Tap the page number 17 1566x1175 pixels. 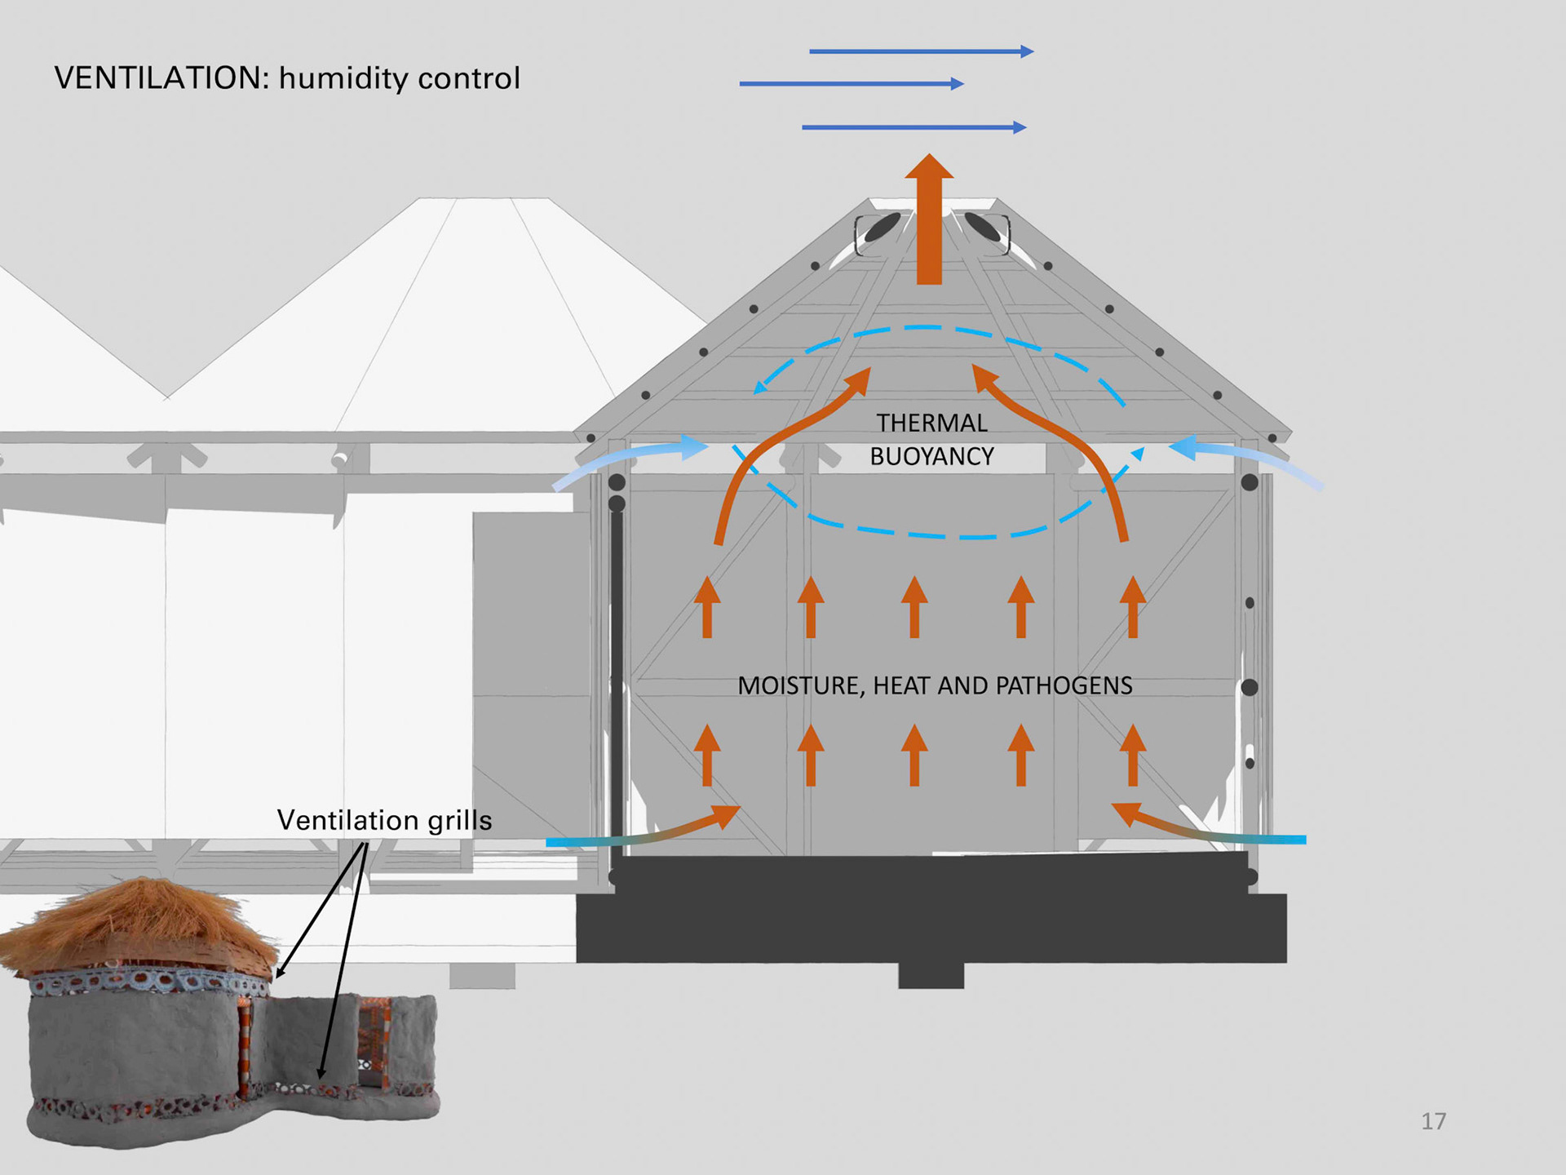point(1433,1121)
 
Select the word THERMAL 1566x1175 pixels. point(931,423)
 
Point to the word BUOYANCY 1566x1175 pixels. point(931,456)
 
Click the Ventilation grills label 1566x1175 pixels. point(384,820)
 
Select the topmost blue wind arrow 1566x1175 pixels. point(921,51)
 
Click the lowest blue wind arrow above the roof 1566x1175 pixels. point(913,127)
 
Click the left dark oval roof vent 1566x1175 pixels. point(882,228)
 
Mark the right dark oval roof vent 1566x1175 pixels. point(982,228)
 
